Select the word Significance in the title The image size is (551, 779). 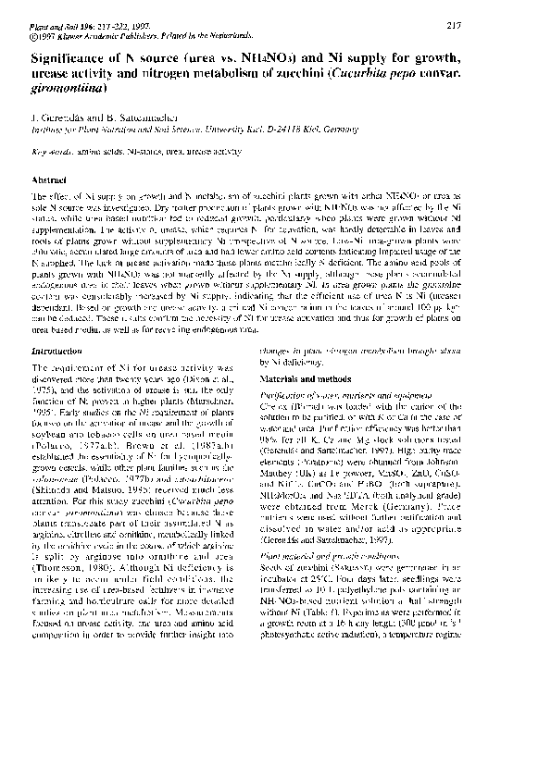[69, 56]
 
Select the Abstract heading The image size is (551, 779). [49, 178]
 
